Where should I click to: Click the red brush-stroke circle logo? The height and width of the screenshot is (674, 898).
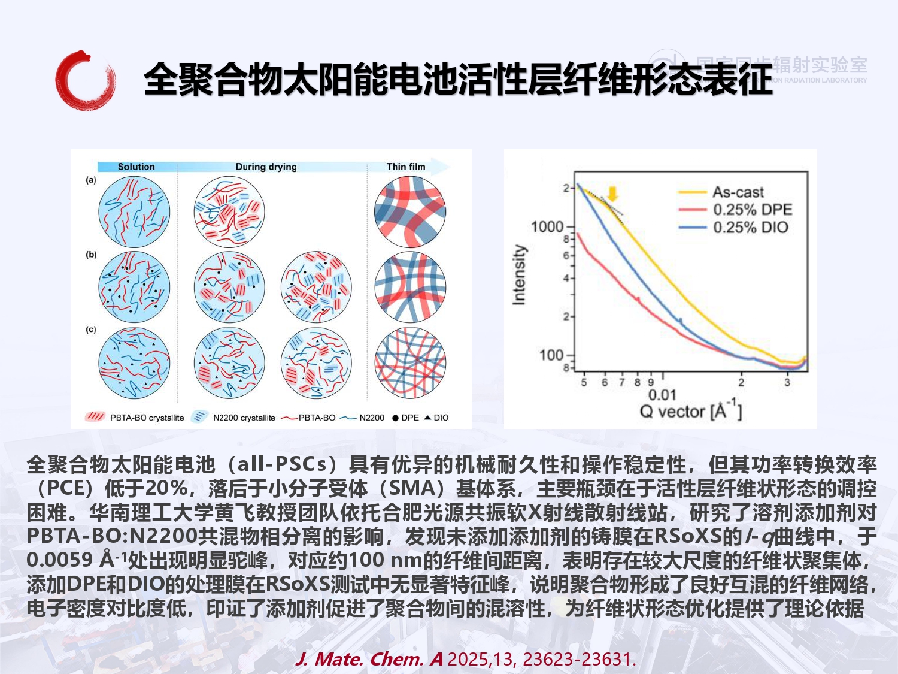pos(85,80)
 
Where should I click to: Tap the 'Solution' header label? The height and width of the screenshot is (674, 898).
pos(136,167)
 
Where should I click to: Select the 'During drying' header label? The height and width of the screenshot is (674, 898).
pos(266,167)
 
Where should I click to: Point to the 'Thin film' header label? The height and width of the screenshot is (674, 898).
pos(406,167)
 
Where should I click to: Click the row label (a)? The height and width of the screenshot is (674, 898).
pos(91,180)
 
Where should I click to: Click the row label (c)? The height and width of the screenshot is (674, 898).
pos(91,330)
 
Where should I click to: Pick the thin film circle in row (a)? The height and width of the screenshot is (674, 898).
pos(410,212)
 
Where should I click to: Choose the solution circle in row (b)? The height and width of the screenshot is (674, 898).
pos(134,287)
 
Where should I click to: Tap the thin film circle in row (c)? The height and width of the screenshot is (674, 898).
pos(410,362)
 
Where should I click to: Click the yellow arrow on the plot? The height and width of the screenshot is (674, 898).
pos(612,194)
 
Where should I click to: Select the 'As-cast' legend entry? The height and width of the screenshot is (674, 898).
pos(738,192)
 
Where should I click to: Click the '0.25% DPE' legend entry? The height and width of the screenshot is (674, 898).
pos(752,210)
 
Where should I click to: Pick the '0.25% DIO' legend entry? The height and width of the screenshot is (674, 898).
pos(750,228)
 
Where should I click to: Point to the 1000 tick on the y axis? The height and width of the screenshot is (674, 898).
pos(547,226)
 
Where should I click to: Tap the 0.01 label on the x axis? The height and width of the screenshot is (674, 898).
pos(662,395)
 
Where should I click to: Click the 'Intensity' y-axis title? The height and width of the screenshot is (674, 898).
pos(519,274)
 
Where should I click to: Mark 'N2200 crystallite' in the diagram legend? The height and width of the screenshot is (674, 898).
pos(244,418)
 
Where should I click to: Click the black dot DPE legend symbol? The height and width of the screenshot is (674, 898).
pos(395,418)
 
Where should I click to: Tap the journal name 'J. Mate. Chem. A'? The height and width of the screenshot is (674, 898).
pos(369,659)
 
